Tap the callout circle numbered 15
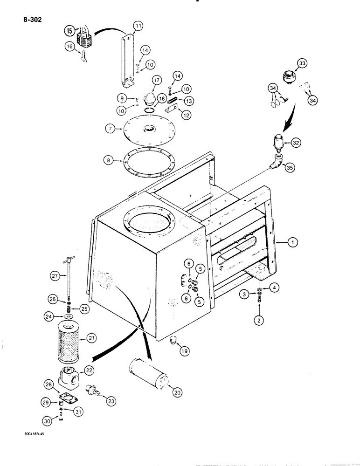pos(69,31)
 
